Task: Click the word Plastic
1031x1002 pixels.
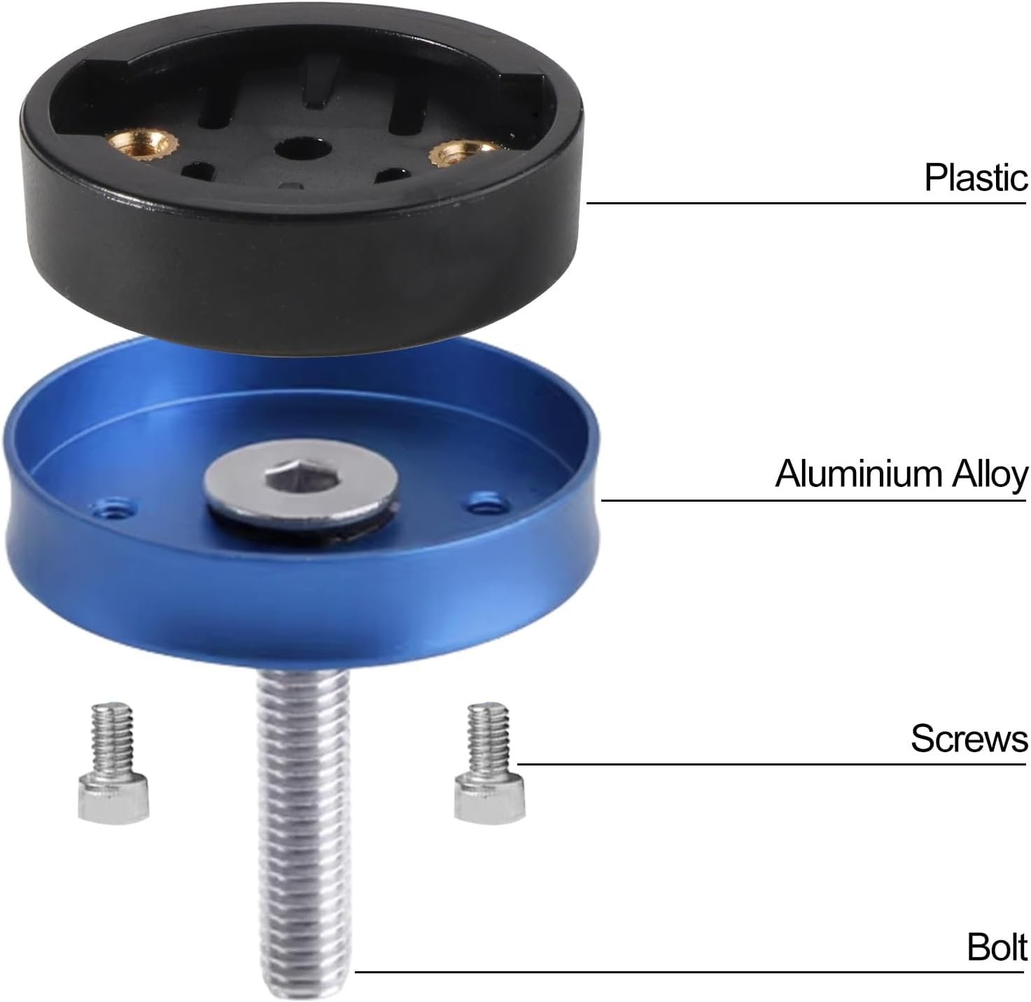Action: (976, 178)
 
